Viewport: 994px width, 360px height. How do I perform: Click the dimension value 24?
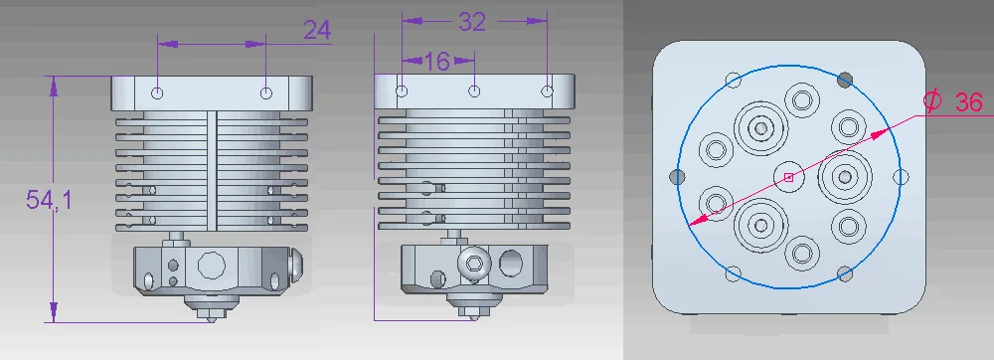pos(317,30)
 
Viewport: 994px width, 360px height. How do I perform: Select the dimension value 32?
pos(471,22)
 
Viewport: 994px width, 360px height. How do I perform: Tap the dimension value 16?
pos(436,62)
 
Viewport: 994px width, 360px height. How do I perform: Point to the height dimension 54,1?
pos(50,200)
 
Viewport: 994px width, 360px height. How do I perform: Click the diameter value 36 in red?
pos(968,102)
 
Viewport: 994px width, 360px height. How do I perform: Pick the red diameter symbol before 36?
pos(932,100)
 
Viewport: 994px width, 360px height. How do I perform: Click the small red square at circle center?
pos(788,177)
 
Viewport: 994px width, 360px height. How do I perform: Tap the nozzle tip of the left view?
pos(212,319)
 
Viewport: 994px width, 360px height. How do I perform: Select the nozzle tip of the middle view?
pos(473,316)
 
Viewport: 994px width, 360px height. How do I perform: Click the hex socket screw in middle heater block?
pos(473,261)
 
